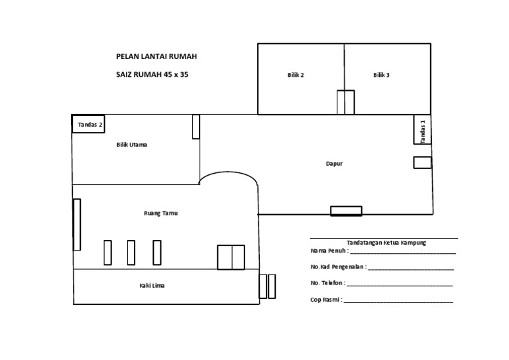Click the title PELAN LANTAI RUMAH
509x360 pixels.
click(x=156, y=56)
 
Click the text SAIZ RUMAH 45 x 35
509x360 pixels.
click(x=152, y=75)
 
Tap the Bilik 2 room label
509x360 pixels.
click(x=296, y=75)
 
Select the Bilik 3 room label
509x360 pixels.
click(x=382, y=75)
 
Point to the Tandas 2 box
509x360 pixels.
click(x=88, y=124)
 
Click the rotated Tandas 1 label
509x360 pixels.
click(x=423, y=132)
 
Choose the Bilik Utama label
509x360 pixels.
click(x=132, y=145)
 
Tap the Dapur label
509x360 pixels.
click(x=334, y=164)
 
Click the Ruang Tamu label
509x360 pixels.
click(x=161, y=213)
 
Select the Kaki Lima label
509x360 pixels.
click(x=152, y=286)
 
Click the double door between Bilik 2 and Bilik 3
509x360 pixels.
click(x=346, y=102)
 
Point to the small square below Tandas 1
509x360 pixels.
click(x=422, y=162)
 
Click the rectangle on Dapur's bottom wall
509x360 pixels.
click(x=346, y=211)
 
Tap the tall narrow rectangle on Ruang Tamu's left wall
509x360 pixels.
click(x=77, y=225)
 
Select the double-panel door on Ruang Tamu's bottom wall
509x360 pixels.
click(x=231, y=257)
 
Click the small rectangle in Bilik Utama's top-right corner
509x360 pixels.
click(x=196, y=127)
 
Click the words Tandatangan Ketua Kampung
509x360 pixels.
click(x=386, y=243)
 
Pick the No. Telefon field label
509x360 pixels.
click(x=328, y=283)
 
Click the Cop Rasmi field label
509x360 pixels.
click(x=326, y=300)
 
